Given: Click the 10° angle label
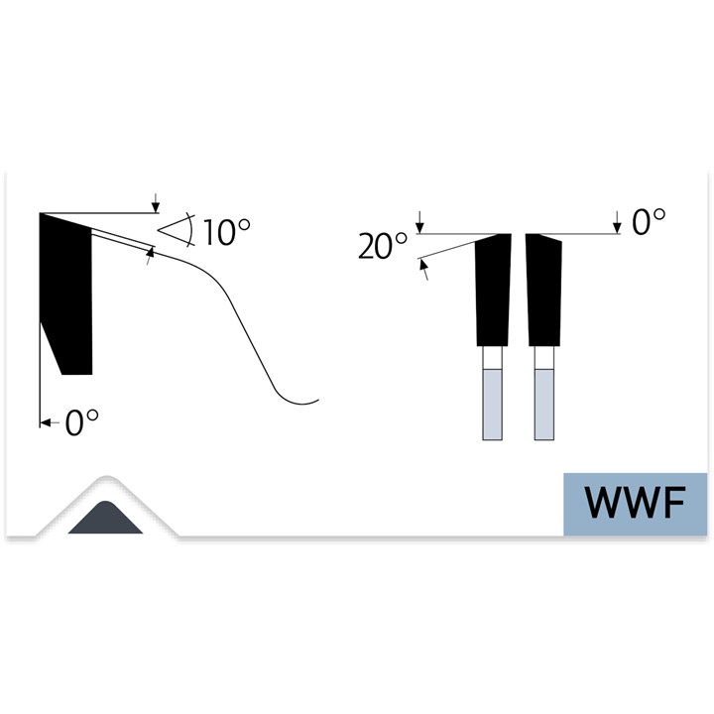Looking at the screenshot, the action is click(226, 232).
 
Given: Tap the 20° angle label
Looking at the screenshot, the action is click(383, 246).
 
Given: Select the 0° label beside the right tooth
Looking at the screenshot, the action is click(649, 222).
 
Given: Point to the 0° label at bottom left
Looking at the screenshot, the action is click(82, 422).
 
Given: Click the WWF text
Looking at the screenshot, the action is click(636, 503).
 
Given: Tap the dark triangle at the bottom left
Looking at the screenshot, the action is click(106, 519).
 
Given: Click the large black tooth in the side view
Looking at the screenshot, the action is click(66, 294).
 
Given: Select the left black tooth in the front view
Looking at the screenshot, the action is click(493, 290).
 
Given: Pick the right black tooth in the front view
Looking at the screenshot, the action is click(543, 290).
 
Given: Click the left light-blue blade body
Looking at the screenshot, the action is click(492, 405).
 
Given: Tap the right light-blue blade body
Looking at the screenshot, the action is click(544, 405).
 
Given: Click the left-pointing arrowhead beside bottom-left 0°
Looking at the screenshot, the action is click(46, 422).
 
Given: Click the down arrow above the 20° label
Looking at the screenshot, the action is click(420, 222).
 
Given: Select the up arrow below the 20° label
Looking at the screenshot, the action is click(423, 269).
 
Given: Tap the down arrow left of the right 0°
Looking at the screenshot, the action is click(617, 222).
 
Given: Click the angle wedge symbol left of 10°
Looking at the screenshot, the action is click(177, 230).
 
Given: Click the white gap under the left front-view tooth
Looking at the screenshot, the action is click(492, 358).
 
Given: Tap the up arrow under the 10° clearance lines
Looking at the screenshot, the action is click(150, 256).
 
